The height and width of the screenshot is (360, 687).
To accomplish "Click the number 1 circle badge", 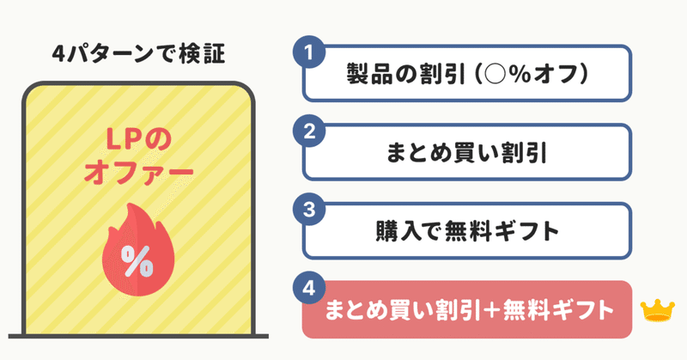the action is (309, 52).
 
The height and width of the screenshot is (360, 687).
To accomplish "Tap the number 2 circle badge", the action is (309, 131).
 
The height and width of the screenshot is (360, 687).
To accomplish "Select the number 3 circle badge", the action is (309, 209).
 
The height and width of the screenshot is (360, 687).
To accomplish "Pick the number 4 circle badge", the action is (309, 288).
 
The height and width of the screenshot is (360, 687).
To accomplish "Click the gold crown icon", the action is (657, 310).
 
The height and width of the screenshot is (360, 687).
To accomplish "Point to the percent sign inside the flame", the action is (137, 261).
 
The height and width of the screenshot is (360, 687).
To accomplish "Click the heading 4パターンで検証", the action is (138, 54).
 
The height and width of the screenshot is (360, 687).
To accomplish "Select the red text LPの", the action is (138, 140).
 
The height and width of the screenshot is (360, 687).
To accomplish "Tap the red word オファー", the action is (138, 173).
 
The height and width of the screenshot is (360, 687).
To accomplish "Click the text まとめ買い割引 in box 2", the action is (466, 153).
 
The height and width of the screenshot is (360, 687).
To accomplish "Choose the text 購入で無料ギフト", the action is (467, 231).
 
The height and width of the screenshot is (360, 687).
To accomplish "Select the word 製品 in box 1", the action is (369, 74).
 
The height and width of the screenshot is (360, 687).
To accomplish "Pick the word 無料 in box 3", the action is (467, 231).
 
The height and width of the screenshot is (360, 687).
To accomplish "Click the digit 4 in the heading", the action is (58, 54).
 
